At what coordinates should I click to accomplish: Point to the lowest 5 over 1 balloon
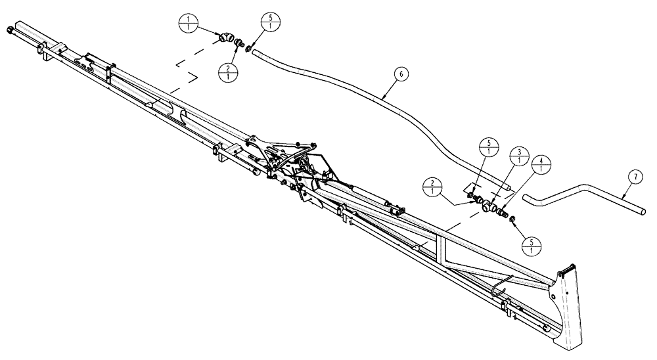[530, 244]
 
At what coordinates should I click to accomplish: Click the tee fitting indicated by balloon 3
[489, 205]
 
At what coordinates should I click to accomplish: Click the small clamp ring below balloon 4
[512, 219]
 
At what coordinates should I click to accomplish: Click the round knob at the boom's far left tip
[9, 30]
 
